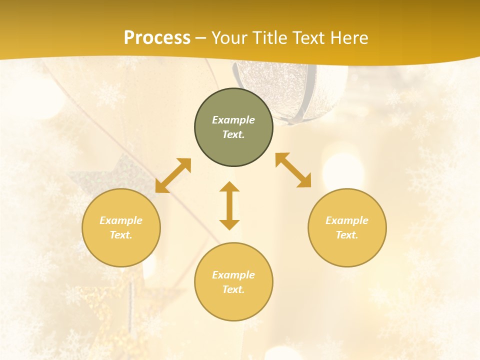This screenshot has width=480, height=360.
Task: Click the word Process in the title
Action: (157, 38)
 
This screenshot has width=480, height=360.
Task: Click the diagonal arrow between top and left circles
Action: (173, 175)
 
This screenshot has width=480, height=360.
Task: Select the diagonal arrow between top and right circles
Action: (293, 170)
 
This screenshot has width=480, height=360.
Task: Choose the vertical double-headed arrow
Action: (229, 205)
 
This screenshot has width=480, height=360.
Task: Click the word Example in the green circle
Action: (233, 120)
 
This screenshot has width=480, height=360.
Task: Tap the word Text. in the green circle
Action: (233, 134)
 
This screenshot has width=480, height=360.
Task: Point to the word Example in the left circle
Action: (121, 220)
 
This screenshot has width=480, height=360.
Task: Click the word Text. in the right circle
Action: (347, 235)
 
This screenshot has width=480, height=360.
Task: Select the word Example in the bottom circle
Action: (233, 275)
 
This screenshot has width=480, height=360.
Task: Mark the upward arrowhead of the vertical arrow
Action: (229, 186)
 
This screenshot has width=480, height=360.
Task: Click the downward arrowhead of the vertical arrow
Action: (229, 224)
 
